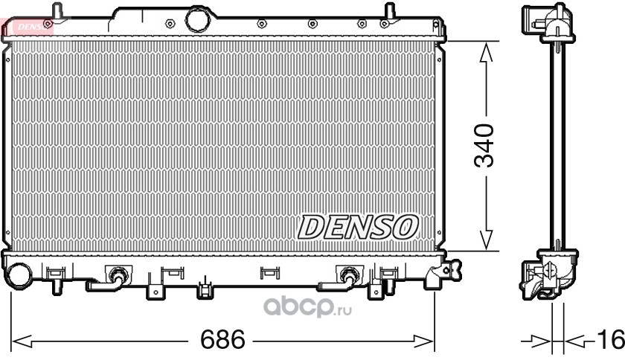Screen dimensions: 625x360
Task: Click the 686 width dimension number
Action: (x=222, y=340)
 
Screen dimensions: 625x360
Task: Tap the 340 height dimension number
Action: (x=484, y=146)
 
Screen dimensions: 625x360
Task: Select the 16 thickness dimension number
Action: (x=610, y=340)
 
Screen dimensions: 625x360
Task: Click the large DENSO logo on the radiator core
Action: (x=358, y=228)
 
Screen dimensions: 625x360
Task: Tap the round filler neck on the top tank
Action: (x=197, y=20)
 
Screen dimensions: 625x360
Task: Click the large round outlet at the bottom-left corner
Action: (x=19, y=276)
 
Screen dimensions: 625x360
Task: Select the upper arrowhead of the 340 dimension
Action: (x=485, y=52)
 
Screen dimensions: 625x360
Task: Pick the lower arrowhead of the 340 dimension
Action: (x=485, y=240)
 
